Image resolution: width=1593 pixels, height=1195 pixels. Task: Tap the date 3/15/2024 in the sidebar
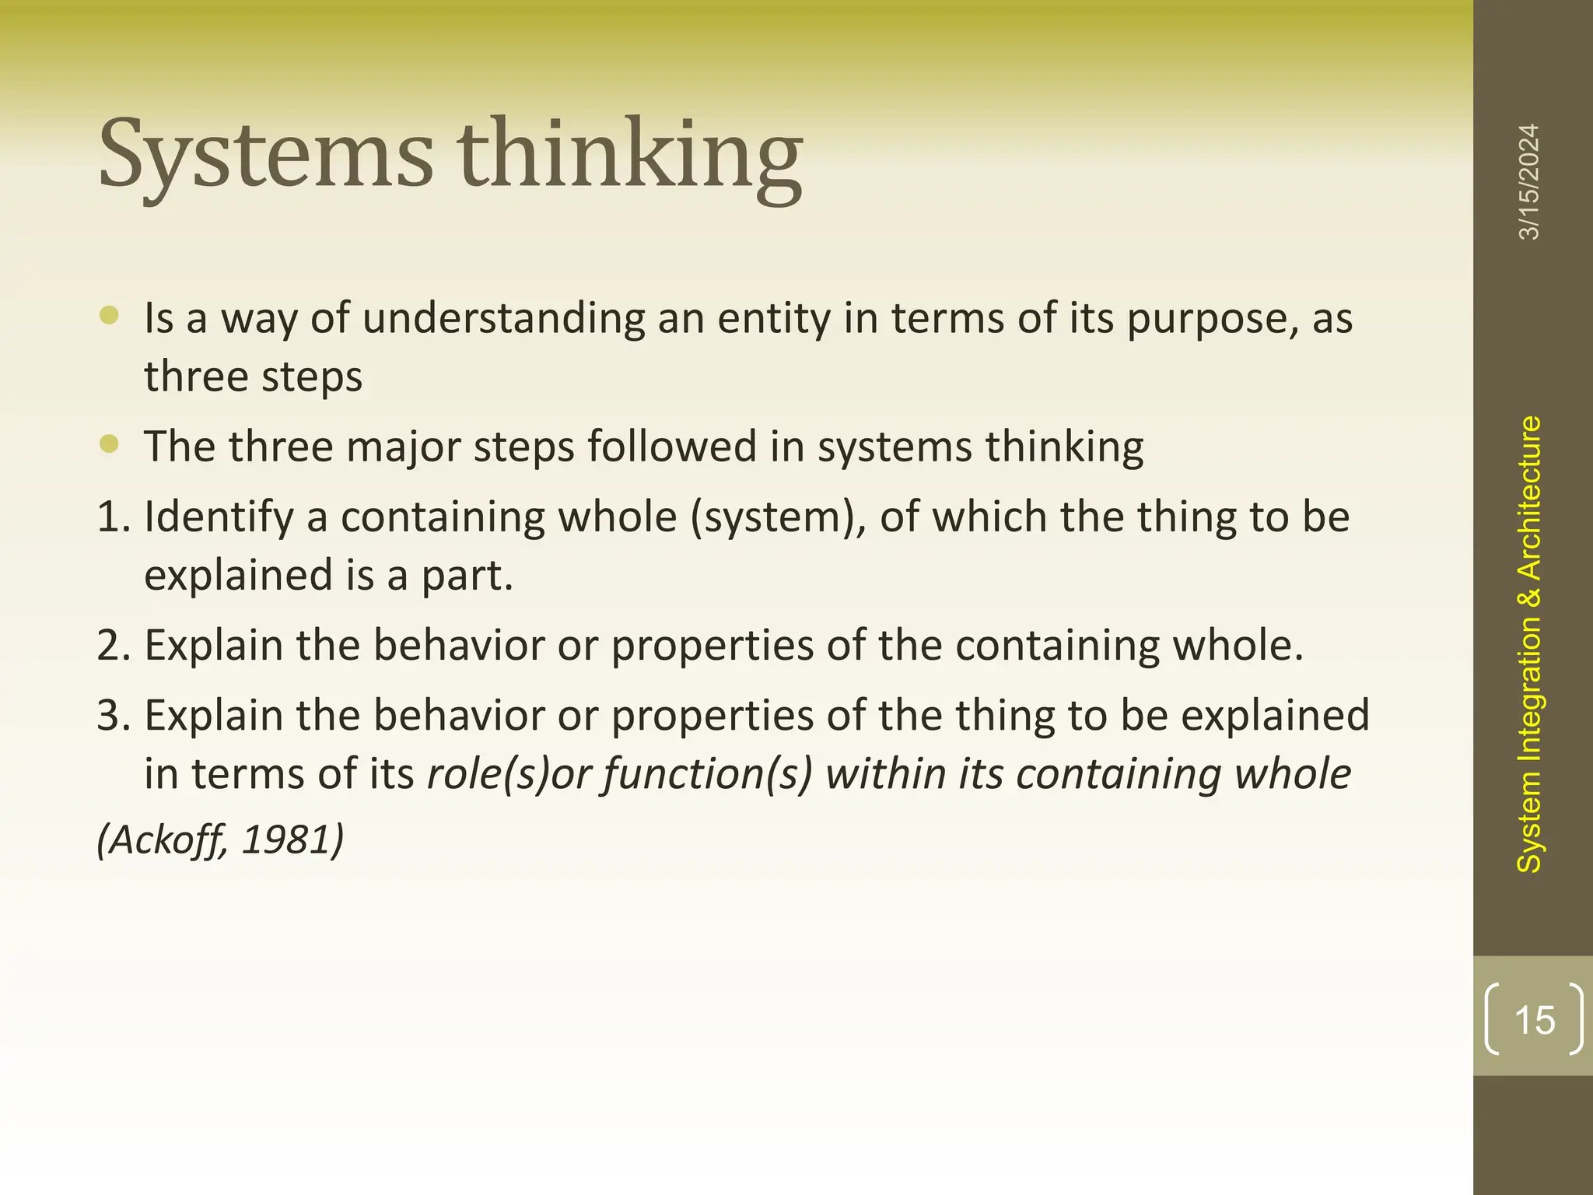(1529, 181)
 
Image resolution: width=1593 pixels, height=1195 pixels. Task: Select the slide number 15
(1535, 1020)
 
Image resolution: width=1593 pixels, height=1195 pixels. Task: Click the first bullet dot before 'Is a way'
(110, 314)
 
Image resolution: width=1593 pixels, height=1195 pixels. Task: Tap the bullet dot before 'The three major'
(110, 443)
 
